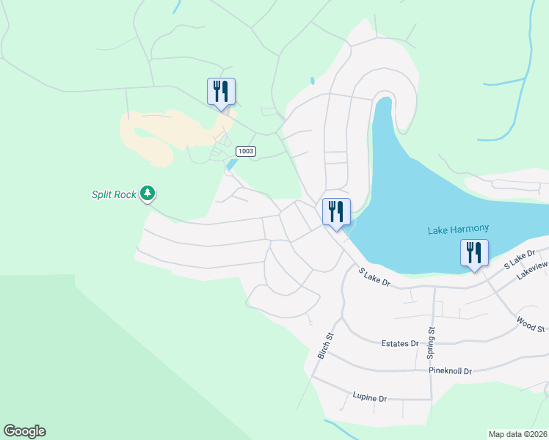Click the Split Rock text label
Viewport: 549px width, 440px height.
114,194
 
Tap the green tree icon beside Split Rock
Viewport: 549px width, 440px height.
148,194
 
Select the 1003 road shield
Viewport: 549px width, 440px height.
246,151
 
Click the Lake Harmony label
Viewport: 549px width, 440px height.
458,230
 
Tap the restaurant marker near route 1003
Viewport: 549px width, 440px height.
221,92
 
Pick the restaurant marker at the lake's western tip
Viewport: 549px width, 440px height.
336,212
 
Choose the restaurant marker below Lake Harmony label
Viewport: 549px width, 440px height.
474,253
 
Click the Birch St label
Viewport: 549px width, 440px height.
325,345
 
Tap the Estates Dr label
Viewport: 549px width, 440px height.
400,343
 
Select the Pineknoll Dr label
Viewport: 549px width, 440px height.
451,371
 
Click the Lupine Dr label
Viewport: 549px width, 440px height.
369,398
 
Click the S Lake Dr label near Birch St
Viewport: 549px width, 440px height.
374,276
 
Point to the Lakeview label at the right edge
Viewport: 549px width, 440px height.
532,271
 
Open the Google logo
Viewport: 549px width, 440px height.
24,431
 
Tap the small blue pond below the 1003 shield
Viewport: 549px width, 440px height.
232,165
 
